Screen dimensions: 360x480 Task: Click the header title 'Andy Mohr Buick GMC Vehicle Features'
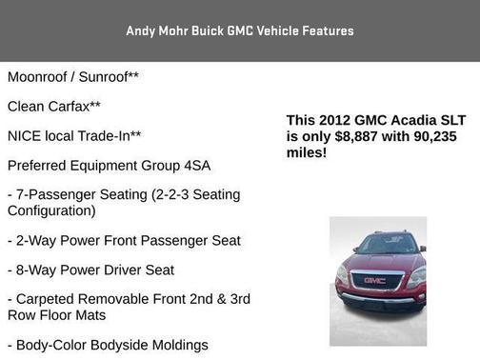point(240,30)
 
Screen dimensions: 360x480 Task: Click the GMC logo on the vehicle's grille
point(374,280)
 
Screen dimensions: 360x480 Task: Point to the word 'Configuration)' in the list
point(51,210)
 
